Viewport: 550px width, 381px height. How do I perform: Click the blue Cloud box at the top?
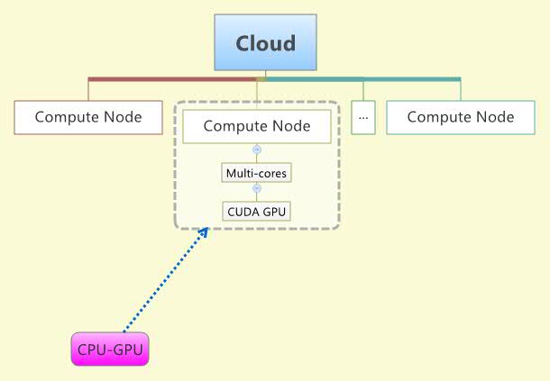pos(265,42)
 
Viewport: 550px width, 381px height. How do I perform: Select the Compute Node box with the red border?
pos(88,117)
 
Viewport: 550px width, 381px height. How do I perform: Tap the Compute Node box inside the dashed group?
pos(257,126)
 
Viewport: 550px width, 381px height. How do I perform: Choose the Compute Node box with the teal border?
pos(460,117)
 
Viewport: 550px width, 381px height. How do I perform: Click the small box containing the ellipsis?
pos(363,117)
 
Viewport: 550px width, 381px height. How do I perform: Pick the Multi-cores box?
pos(257,171)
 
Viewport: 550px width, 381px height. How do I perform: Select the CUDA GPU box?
pos(257,212)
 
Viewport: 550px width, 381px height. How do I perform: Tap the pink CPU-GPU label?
pos(110,349)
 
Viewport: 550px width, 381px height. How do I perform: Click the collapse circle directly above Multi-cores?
pos(257,150)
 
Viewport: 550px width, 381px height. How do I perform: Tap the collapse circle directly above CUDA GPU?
pos(257,190)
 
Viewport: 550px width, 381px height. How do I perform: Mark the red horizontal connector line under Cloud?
pos(171,79)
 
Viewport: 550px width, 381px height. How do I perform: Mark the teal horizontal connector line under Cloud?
pos(361,79)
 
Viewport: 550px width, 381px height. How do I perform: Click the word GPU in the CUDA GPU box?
pos(275,212)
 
